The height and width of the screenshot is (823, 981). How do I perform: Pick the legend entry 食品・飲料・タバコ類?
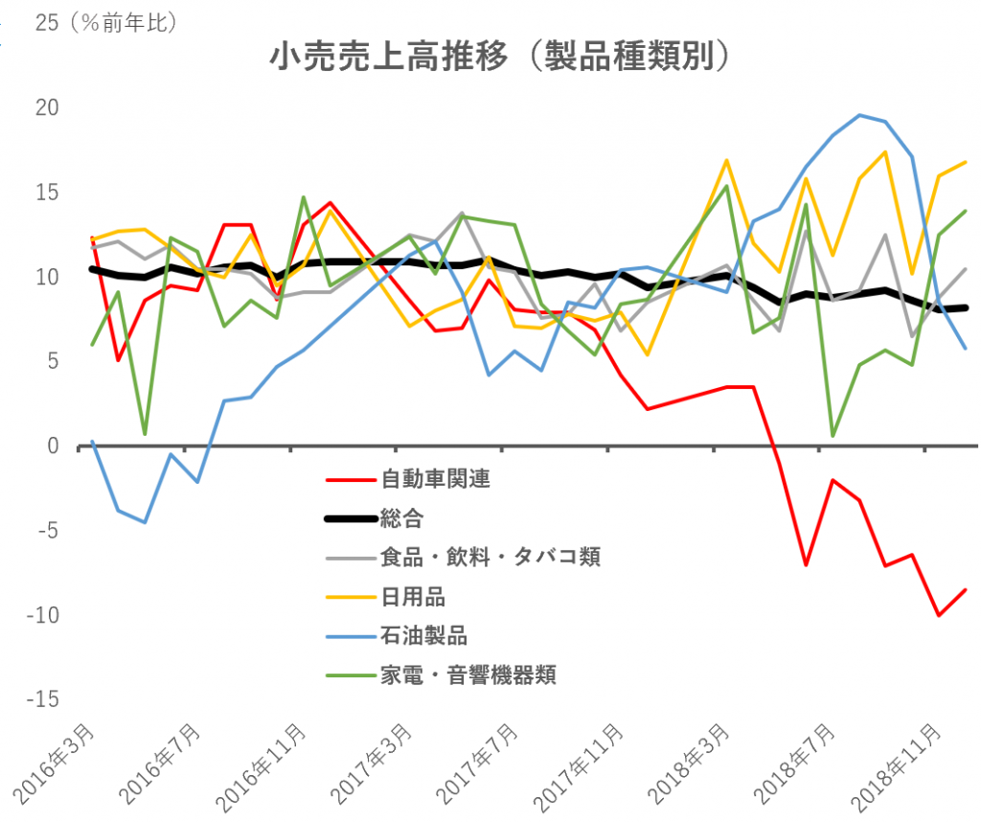coord(490,557)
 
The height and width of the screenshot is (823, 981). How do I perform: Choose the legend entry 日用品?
coord(413,596)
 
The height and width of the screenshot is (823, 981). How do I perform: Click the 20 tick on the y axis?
coord(46,108)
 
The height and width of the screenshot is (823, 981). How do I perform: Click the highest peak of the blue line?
coord(859,115)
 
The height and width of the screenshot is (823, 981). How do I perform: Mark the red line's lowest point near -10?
coord(938,615)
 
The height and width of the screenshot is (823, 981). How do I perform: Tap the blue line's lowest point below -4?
coord(145,522)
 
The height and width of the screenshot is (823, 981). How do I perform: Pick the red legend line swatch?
coord(351,479)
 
